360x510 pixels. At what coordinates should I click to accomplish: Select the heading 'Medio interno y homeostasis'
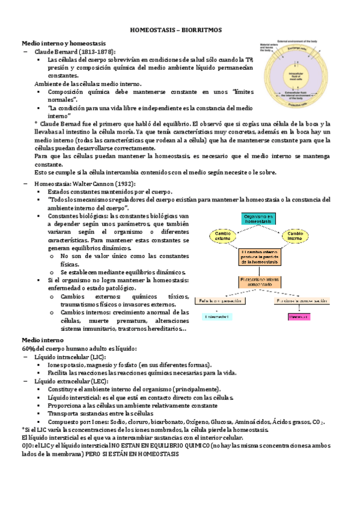coord(64,43)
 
